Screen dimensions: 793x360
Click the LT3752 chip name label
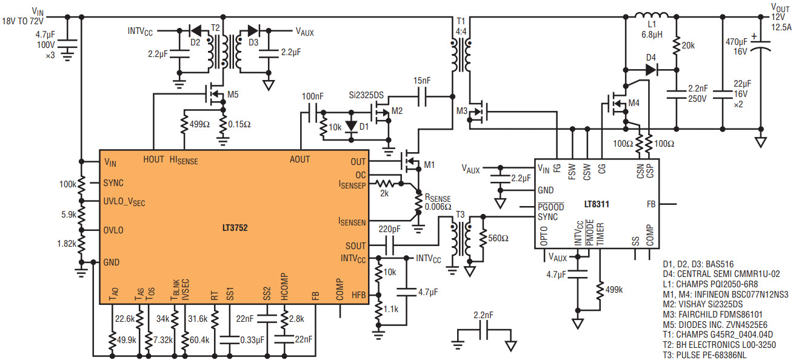(235, 228)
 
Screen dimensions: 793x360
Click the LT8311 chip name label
(597, 204)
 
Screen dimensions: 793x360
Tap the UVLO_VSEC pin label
(124, 202)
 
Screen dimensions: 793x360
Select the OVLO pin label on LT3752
(113, 230)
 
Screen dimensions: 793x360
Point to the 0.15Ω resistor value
(239, 124)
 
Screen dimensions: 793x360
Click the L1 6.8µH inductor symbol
(651, 16)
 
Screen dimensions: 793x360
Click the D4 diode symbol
(651, 70)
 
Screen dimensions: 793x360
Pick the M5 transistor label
(233, 95)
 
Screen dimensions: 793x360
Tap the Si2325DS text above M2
(366, 95)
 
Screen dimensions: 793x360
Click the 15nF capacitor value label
(422, 81)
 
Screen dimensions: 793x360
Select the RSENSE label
(438, 198)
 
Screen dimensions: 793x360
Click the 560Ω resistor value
(498, 238)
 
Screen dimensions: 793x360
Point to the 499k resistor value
(614, 290)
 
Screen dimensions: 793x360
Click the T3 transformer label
(460, 215)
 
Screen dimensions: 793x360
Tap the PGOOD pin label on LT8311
(550, 207)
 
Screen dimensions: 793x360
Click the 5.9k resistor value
(69, 215)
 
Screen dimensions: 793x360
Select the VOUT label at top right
(780, 7)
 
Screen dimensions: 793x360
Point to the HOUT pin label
(153, 159)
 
